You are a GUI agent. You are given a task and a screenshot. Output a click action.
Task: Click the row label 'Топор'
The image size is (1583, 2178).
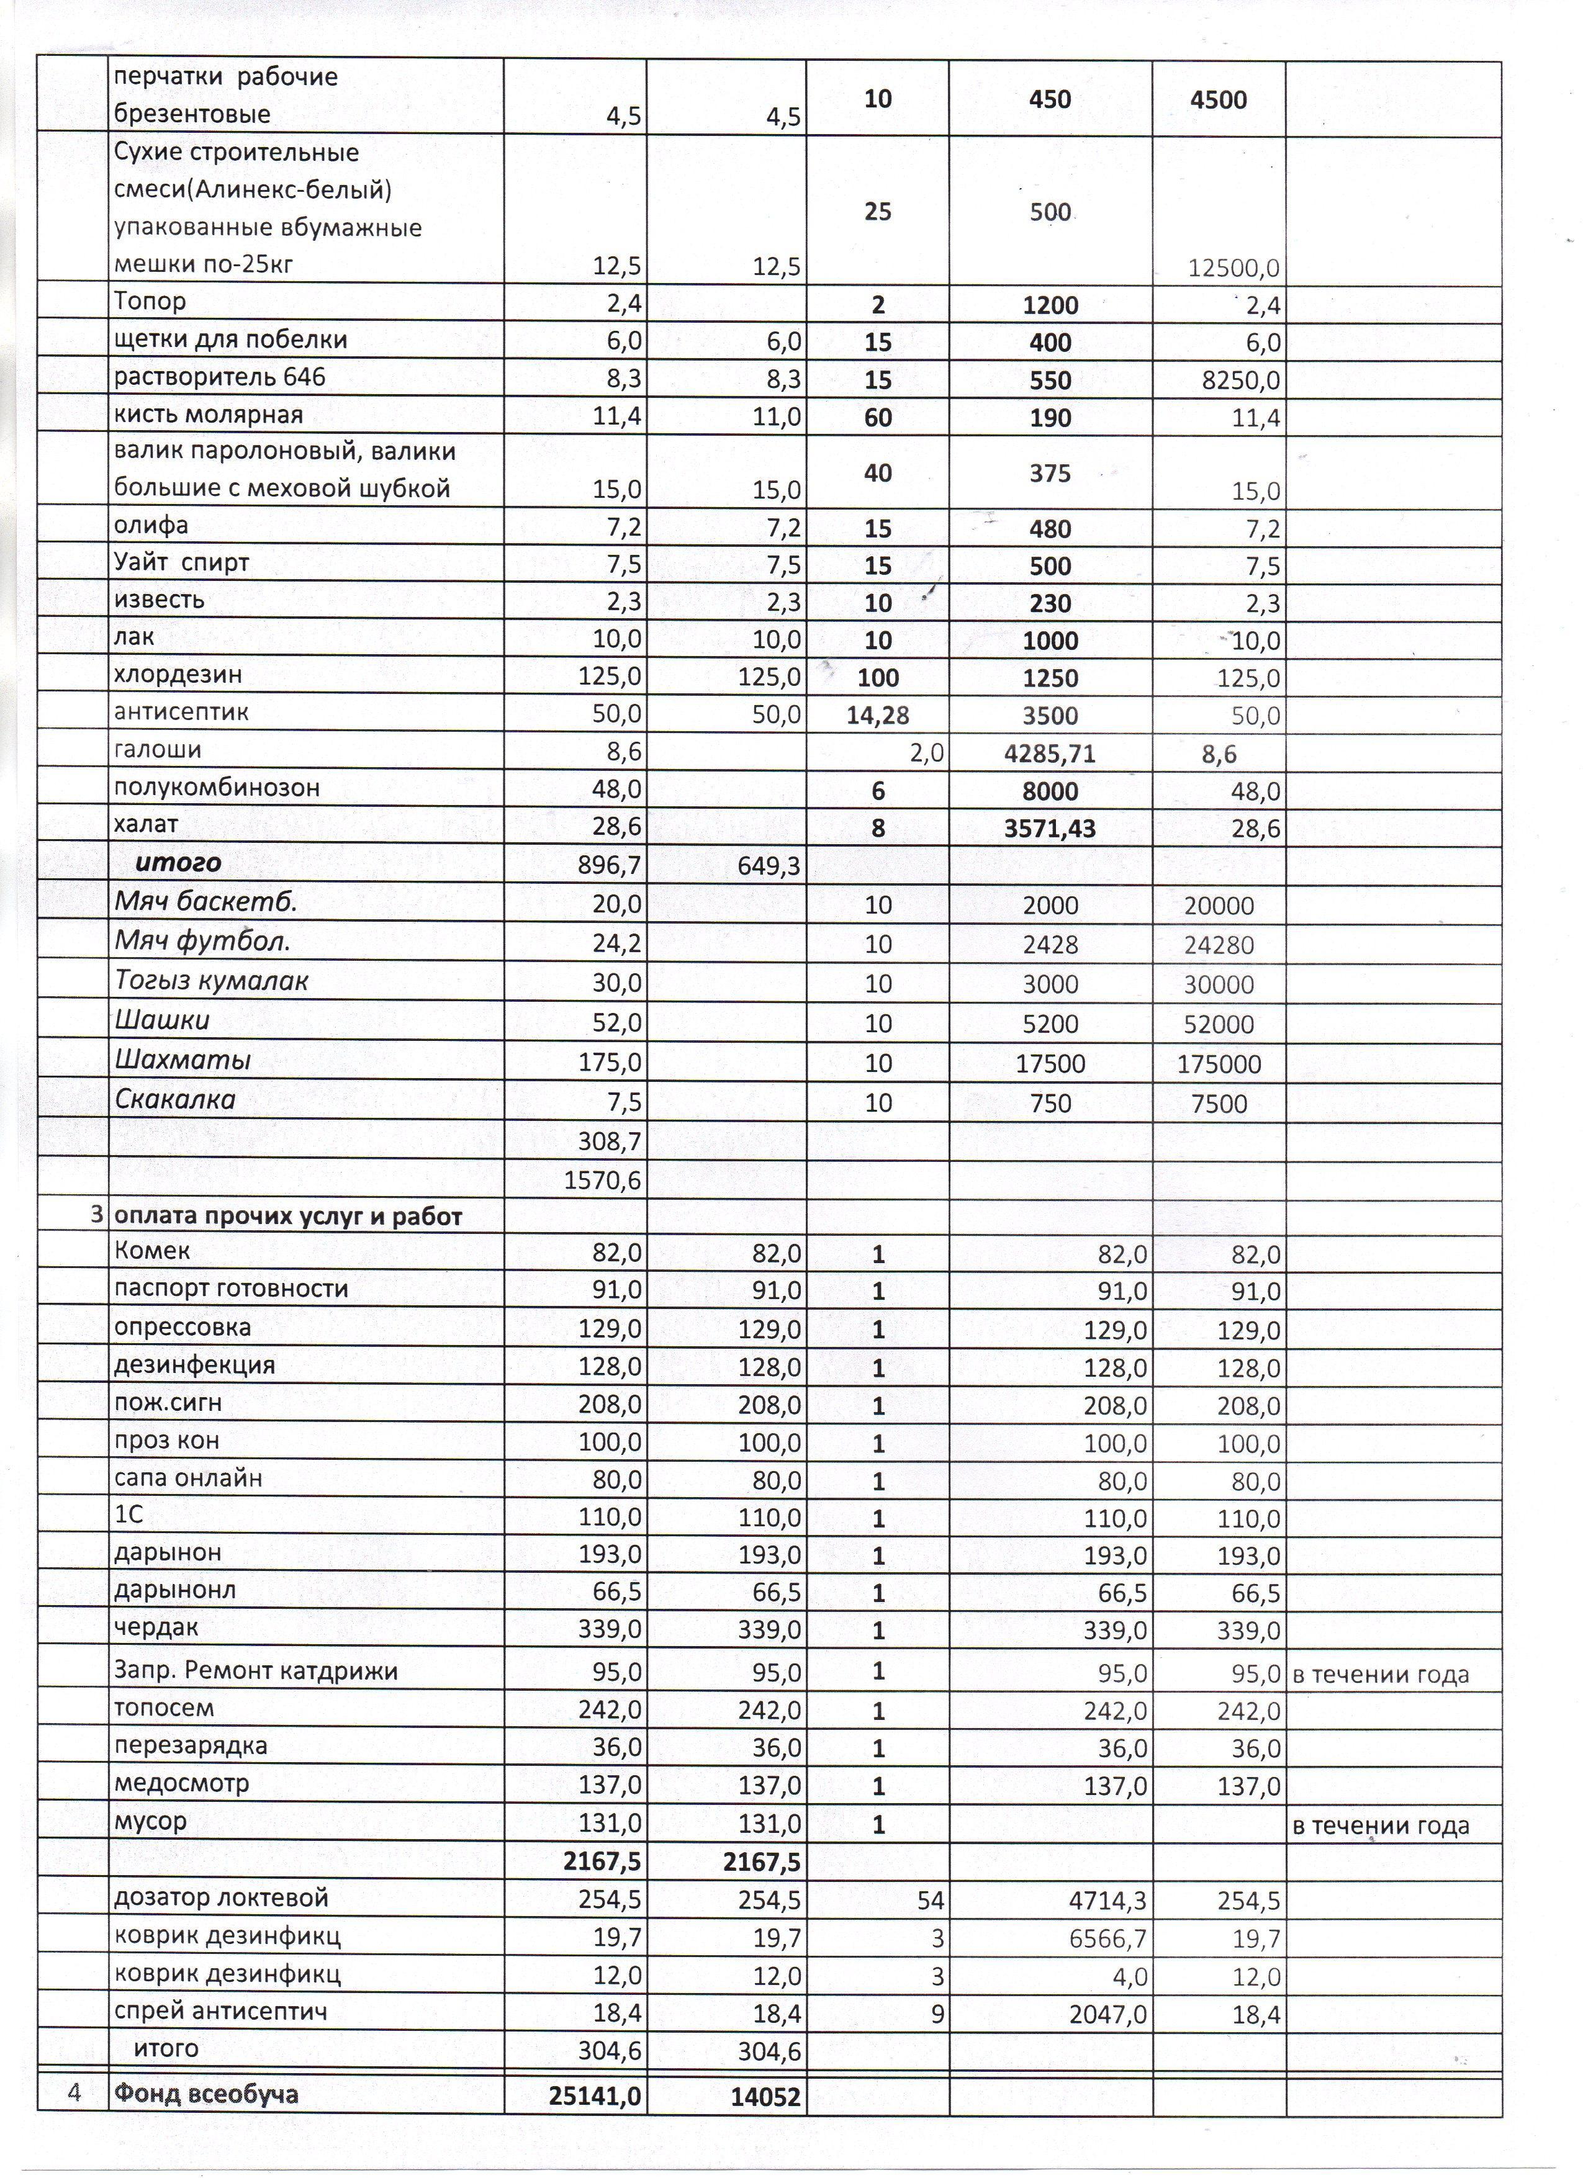click(150, 302)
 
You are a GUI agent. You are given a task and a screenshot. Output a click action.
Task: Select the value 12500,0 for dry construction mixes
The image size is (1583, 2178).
click(1233, 268)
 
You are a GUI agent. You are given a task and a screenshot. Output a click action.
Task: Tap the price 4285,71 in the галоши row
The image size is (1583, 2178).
click(1049, 754)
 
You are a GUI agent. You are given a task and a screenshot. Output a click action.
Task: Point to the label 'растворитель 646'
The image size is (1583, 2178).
click(220, 377)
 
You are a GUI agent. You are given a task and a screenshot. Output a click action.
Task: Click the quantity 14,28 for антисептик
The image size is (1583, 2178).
click(877, 716)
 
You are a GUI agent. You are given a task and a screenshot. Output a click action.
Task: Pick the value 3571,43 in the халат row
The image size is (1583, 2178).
click(1049, 829)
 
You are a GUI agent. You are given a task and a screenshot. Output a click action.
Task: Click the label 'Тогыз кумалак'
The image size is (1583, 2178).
click(211, 981)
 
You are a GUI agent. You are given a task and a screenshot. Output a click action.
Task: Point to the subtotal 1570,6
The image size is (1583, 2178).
click(609, 1180)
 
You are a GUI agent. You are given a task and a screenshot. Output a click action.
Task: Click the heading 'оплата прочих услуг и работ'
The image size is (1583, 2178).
click(288, 1217)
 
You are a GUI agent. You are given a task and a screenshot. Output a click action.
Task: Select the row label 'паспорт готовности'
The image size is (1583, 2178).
click(230, 1289)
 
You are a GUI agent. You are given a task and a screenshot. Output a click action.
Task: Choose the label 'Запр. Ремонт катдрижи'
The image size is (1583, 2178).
click(256, 1671)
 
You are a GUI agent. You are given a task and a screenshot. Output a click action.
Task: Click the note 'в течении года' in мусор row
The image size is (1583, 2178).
click(1381, 1825)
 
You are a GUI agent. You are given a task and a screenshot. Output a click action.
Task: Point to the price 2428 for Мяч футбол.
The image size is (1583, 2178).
click(1049, 945)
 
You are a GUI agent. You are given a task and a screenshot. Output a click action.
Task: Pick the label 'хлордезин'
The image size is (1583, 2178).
click(178, 674)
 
